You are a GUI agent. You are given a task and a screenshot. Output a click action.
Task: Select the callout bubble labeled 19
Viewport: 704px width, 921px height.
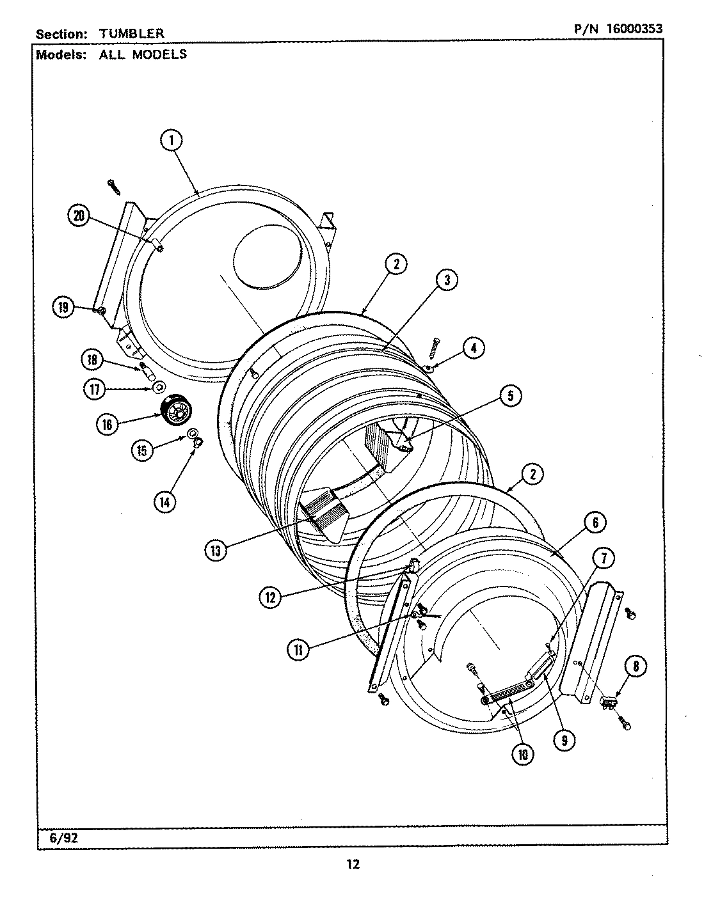63,308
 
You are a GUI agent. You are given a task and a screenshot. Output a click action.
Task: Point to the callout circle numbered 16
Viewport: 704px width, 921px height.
107,423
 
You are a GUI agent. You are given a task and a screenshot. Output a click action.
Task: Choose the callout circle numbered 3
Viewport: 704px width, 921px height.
447,279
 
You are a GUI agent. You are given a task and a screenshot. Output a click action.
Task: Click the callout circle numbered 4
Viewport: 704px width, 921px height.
473,349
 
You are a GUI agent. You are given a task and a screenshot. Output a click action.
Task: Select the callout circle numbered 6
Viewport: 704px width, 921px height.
595,523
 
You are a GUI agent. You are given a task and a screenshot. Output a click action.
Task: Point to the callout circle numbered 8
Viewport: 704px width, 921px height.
635,667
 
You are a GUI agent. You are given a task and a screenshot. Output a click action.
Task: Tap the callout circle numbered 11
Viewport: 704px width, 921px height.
298,650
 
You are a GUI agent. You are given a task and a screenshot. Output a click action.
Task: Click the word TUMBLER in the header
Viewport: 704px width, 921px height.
131,33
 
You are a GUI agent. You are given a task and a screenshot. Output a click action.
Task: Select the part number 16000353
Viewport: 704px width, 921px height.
625,29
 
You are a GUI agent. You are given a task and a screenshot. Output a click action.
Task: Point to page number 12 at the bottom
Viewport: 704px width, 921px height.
353,865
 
